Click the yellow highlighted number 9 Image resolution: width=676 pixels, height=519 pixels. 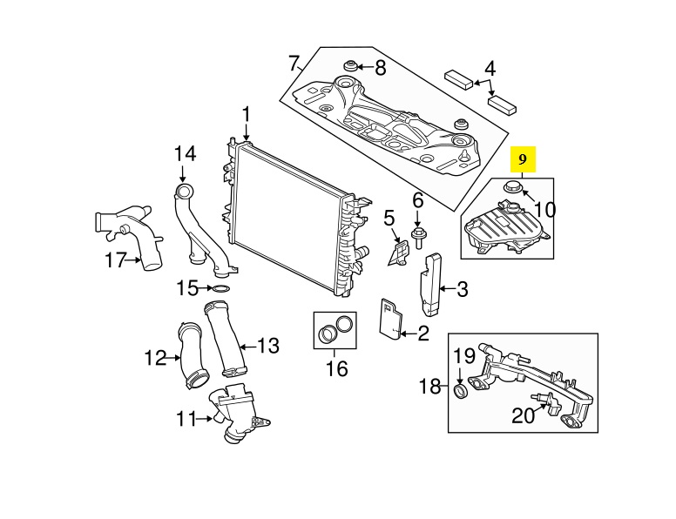pyautogui.click(x=523, y=159)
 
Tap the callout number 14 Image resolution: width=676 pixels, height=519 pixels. pyautogui.click(x=185, y=153)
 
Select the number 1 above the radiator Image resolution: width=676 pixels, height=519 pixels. pyautogui.click(x=247, y=115)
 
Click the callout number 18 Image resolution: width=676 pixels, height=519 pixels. pyautogui.click(x=429, y=386)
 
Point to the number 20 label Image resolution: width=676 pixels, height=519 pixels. pyautogui.click(x=523, y=416)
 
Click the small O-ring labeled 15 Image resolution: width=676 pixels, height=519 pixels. pyautogui.click(x=221, y=288)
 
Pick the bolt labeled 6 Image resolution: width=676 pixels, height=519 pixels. pyautogui.click(x=417, y=237)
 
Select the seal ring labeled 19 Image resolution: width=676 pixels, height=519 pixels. pyautogui.click(x=461, y=391)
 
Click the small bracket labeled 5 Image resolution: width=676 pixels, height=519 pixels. pyautogui.click(x=398, y=253)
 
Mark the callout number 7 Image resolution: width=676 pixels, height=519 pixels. pyautogui.click(x=294, y=64)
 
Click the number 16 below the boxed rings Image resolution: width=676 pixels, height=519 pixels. pyautogui.click(x=336, y=368)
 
